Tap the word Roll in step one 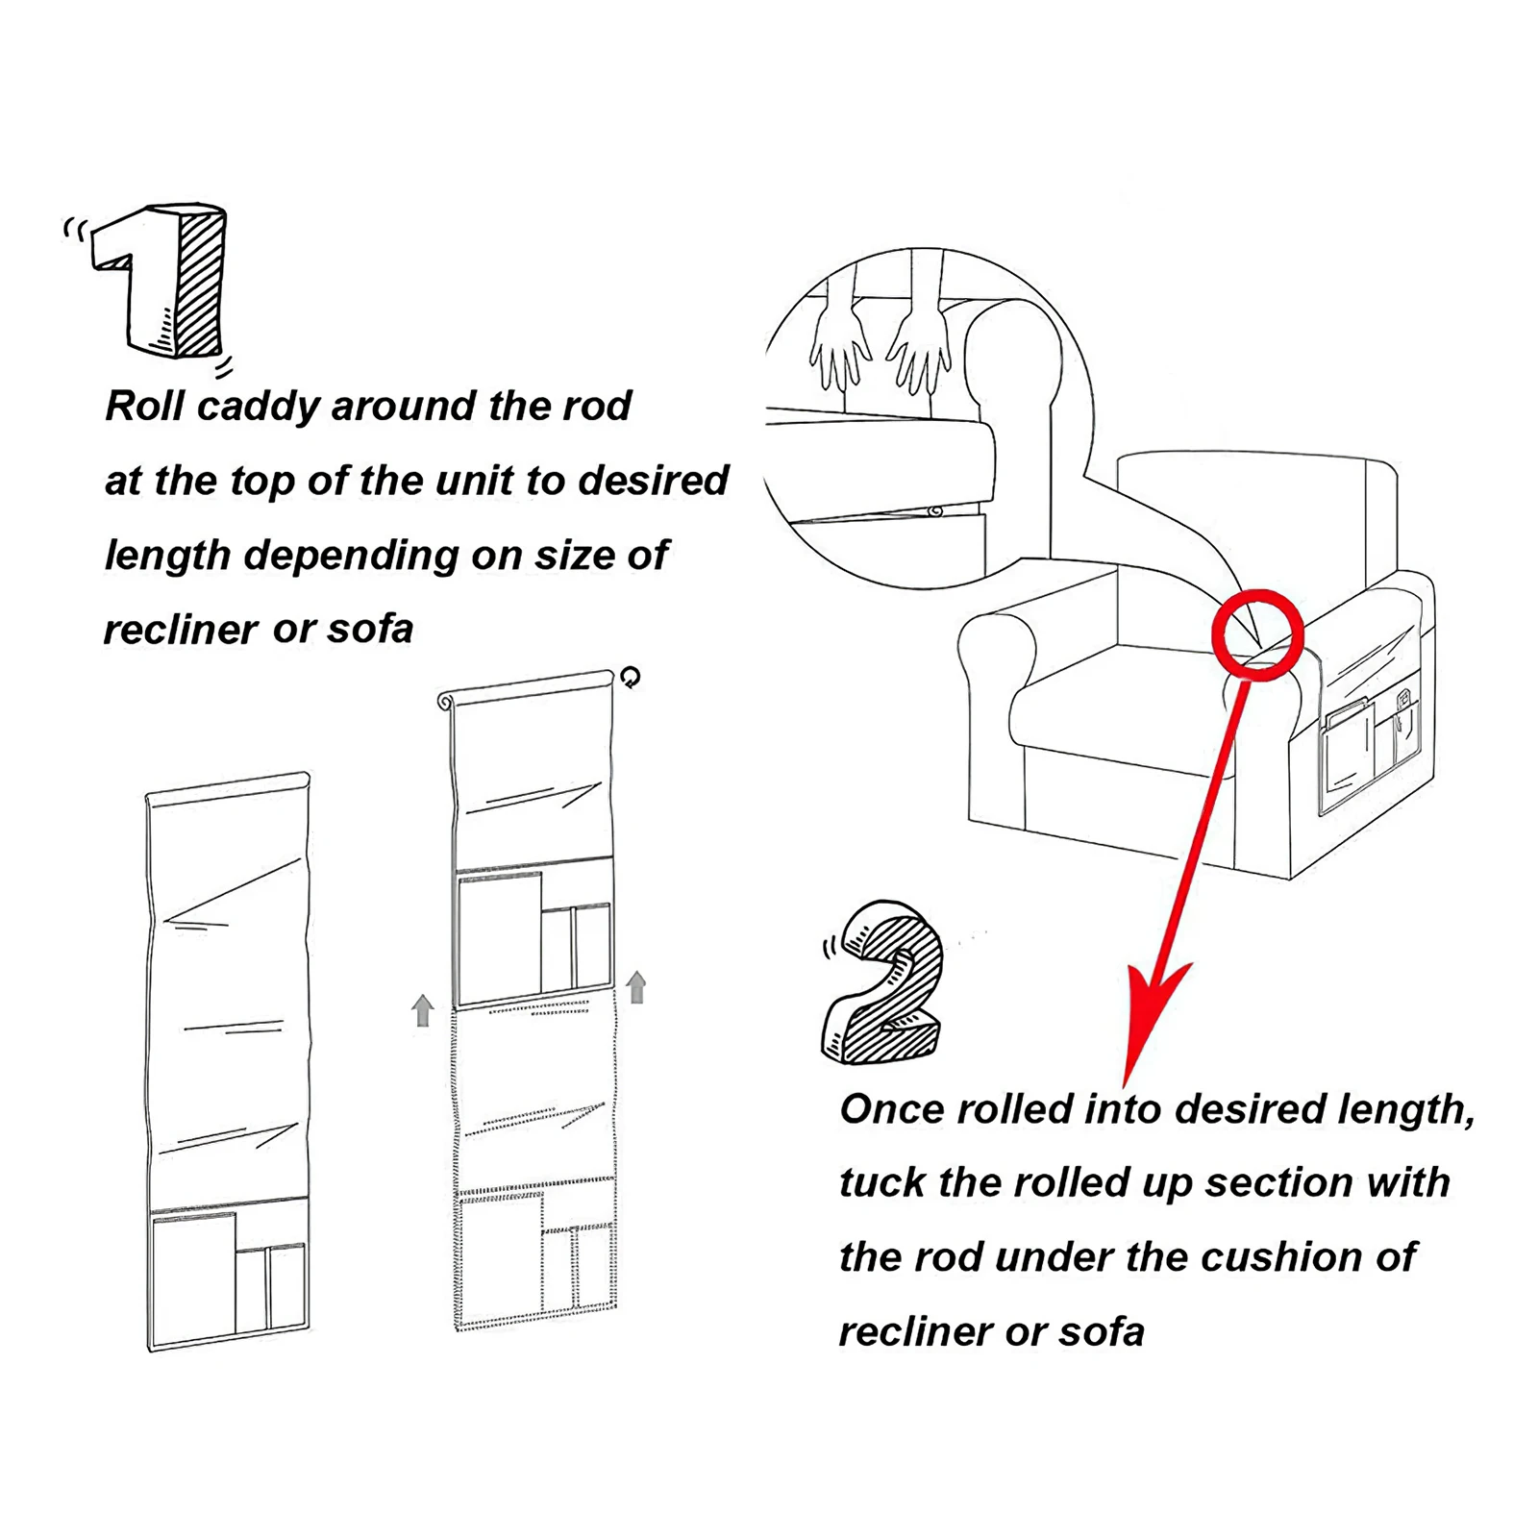coord(145,406)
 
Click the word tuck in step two coord(881,1183)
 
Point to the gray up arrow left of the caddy coord(422,1011)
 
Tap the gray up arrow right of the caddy coord(636,987)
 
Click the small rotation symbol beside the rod coord(630,678)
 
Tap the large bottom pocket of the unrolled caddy coord(193,1278)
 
